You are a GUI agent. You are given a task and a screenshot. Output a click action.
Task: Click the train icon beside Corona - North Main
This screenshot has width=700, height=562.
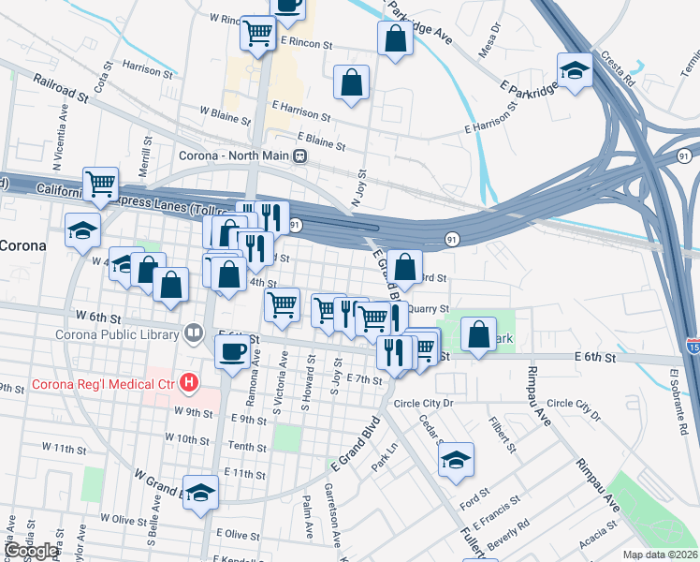click(x=299, y=156)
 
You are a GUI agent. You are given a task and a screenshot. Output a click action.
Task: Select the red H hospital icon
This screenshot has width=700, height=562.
click(x=190, y=382)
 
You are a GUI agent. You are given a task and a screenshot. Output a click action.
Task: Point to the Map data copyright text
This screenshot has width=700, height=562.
click(x=661, y=555)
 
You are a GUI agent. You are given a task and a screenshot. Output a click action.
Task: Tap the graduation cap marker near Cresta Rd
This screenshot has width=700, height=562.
click(x=574, y=69)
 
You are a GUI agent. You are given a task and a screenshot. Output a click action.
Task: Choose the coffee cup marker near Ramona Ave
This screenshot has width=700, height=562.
click(x=232, y=352)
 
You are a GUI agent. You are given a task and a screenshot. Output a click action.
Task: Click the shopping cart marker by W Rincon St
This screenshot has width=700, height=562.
click(x=257, y=33)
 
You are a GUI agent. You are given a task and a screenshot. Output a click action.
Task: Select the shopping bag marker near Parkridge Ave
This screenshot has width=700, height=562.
click(x=395, y=38)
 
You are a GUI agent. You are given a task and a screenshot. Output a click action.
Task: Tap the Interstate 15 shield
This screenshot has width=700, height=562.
click(x=693, y=346)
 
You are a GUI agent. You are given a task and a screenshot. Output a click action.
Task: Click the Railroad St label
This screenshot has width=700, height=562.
click(x=60, y=89)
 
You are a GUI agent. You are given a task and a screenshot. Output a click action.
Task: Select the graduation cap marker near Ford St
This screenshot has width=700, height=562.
click(x=456, y=459)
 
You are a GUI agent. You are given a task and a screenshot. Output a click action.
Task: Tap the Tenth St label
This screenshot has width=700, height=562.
click(x=248, y=448)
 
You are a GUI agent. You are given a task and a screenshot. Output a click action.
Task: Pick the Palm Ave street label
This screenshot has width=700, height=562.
click(x=308, y=518)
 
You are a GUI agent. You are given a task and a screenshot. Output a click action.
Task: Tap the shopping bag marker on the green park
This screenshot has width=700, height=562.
click(x=478, y=333)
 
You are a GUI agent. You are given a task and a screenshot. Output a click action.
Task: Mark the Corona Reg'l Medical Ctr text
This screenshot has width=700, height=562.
click(x=104, y=383)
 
